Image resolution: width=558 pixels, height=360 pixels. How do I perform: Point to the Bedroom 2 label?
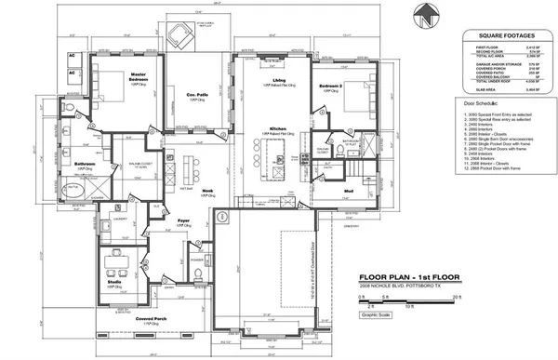click(330, 86)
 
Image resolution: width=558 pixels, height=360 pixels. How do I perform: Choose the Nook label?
click(194, 190)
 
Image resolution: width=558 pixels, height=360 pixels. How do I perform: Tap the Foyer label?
click(183, 221)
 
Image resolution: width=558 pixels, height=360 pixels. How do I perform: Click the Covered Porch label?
click(151, 318)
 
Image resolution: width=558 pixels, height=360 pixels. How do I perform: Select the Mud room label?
click(346, 191)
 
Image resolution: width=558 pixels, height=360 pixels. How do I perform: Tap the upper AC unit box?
click(71, 56)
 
